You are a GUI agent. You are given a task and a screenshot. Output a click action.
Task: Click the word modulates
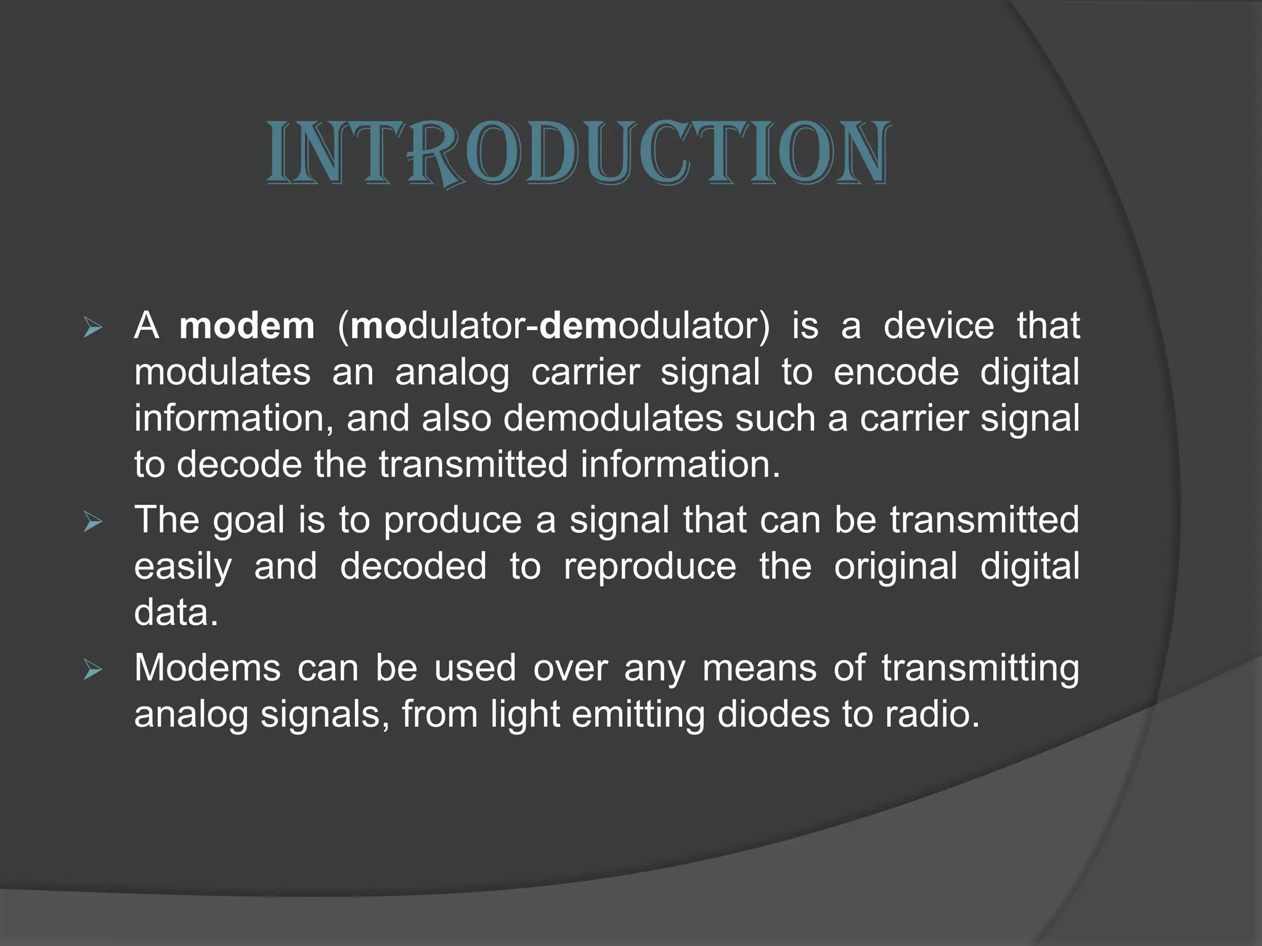(x=222, y=372)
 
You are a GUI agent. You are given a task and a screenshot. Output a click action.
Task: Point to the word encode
(x=896, y=372)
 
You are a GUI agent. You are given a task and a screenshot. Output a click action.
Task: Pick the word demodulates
(x=613, y=418)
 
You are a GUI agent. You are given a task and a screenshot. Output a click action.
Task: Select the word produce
(x=453, y=520)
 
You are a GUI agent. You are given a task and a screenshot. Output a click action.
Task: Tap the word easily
(x=183, y=567)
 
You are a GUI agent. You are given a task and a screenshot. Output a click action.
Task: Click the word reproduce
(x=649, y=567)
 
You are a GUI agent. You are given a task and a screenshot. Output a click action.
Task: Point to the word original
(x=895, y=567)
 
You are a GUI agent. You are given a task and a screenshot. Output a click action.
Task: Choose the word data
(x=176, y=613)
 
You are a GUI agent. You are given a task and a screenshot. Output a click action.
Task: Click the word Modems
(x=207, y=668)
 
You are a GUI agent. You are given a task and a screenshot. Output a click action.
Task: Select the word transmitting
(x=980, y=668)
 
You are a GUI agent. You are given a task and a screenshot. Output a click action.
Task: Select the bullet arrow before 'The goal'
(x=92, y=523)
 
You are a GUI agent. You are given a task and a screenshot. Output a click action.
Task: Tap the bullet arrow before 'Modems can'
(x=92, y=670)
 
